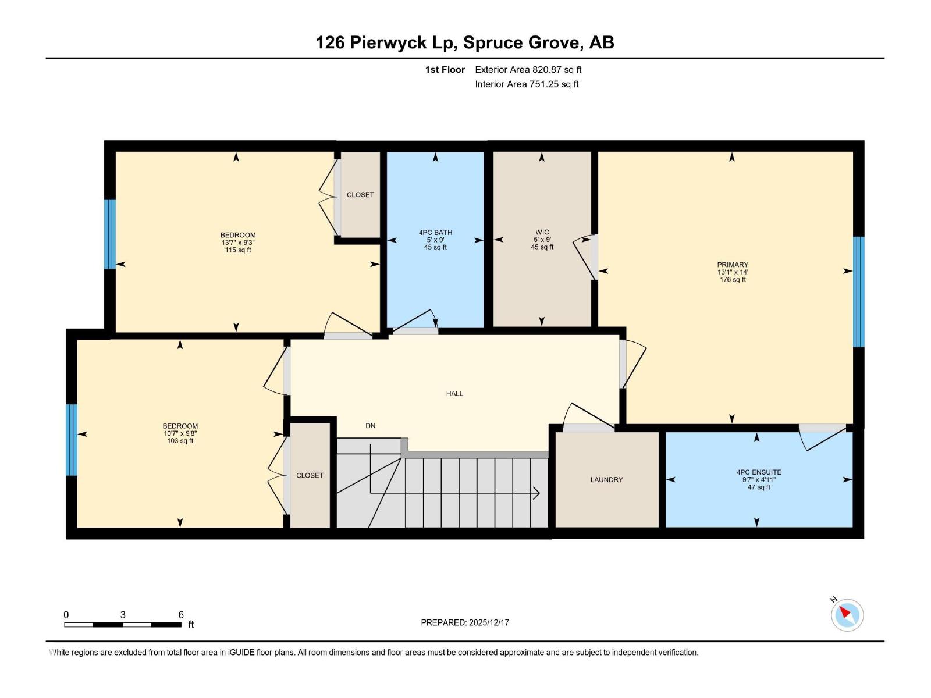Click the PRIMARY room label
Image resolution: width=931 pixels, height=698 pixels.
point(732,265)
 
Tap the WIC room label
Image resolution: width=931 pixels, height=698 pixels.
point(542,232)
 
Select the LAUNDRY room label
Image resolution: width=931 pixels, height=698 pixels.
point(606,480)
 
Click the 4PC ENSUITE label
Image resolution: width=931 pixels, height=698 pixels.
point(758,472)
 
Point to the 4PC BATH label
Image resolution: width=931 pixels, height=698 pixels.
point(435,232)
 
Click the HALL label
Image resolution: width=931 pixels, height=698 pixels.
point(454,394)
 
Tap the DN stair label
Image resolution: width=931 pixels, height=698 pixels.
point(370,426)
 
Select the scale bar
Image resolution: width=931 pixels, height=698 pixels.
point(122,625)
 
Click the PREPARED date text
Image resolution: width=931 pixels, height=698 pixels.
point(465,622)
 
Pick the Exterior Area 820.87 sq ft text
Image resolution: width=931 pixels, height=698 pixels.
point(528,70)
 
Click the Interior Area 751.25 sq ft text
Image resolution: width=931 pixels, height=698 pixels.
point(527,84)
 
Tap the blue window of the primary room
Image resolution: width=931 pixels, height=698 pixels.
point(859,291)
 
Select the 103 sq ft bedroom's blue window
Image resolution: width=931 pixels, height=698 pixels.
point(72,440)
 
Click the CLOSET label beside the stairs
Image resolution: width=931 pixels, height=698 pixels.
point(310,475)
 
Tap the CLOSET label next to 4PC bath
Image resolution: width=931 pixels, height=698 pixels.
point(360,195)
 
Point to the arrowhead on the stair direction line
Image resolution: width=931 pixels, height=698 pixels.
point(536,494)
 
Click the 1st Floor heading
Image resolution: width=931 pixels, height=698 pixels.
point(445,70)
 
